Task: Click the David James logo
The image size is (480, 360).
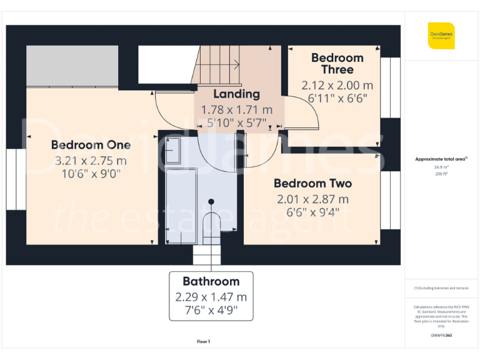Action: click(441, 36)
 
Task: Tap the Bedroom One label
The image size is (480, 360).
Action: click(91, 145)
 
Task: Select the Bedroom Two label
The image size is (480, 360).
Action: click(312, 184)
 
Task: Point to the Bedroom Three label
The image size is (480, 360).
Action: click(337, 64)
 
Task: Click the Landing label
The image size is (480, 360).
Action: click(236, 94)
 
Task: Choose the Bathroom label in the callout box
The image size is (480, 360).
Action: click(211, 281)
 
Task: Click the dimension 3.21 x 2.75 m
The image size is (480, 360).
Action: click(91, 161)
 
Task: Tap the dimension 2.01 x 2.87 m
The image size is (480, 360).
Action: click(312, 199)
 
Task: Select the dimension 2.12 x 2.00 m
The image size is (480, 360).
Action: click(337, 85)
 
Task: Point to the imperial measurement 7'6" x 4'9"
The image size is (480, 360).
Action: click(211, 310)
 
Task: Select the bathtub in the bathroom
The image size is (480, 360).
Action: click(181, 206)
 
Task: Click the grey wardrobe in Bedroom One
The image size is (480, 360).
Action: click(72, 66)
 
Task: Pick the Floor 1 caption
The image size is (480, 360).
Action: click(203, 341)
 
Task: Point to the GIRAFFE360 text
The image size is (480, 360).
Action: click(442, 336)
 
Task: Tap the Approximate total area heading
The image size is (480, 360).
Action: click(441, 159)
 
